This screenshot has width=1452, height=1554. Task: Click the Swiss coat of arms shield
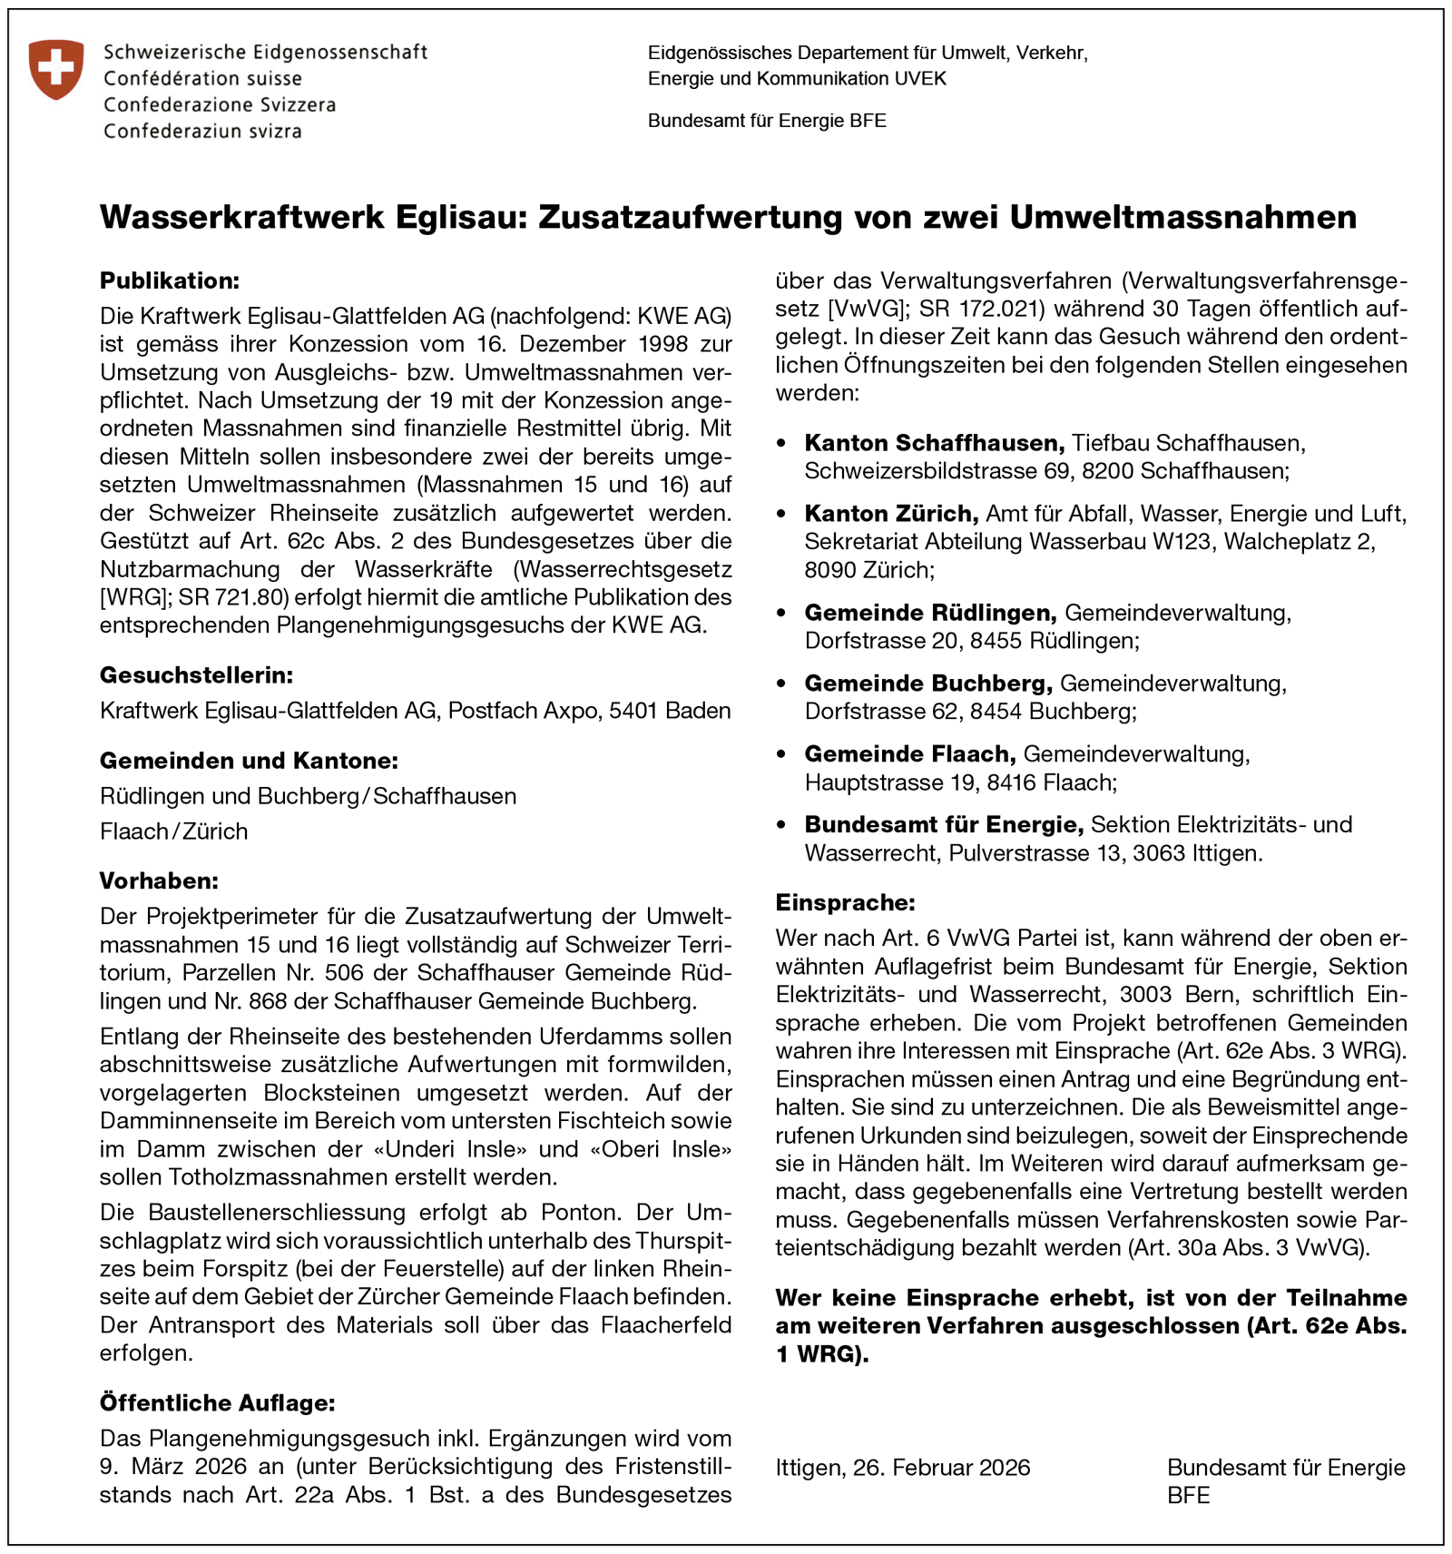tap(56, 69)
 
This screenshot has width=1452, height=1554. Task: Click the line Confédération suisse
tap(202, 79)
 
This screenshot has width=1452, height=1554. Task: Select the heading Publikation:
tap(170, 280)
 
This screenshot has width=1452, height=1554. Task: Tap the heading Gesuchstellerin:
tap(197, 675)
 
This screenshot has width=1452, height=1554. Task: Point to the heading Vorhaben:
tap(159, 881)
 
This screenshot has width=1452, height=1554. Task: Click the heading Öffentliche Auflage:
tap(218, 1403)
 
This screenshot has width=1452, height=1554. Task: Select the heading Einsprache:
tap(846, 903)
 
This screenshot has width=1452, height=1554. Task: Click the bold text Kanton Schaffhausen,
tap(935, 443)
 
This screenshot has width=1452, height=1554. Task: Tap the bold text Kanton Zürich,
tap(891, 514)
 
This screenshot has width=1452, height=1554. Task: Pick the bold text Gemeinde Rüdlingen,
tap(930, 613)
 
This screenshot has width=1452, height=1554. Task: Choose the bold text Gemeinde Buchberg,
tap(928, 684)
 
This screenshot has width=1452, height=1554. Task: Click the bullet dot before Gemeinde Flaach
tap(782, 755)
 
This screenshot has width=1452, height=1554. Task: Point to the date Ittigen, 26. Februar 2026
tap(903, 1468)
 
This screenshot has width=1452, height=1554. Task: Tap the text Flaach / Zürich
tap(174, 831)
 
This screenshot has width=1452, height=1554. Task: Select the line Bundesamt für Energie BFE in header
tap(767, 121)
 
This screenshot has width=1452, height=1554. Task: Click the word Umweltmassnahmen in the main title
tap(1182, 218)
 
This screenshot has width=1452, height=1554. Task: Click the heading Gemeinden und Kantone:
tap(250, 761)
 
